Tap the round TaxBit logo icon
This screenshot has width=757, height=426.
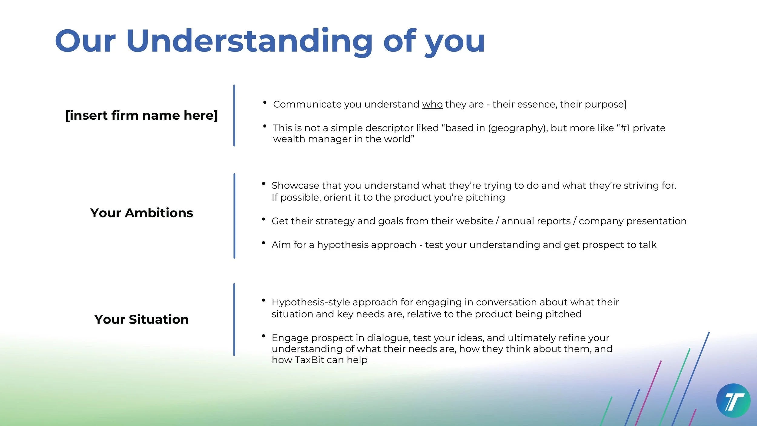733,401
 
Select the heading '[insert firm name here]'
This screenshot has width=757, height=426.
142,115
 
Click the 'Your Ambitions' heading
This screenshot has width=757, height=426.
142,213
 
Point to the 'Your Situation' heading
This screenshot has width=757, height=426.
141,319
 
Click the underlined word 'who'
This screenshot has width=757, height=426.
432,104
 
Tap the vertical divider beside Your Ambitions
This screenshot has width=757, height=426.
234,216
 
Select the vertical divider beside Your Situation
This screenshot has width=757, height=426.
234,319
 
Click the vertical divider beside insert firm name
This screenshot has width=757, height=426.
234,115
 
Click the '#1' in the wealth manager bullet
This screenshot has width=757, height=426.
625,128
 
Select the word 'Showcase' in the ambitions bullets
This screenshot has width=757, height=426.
295,185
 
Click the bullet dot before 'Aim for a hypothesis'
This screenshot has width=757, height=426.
263,243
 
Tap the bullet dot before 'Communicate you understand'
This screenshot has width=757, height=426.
265,102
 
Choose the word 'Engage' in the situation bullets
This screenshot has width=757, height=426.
290,338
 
